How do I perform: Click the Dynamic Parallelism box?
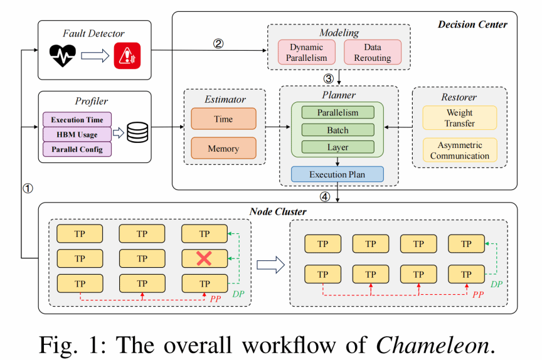pos(307,53)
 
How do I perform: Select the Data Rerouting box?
pos(372,53)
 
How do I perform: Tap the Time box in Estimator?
pos(223,119)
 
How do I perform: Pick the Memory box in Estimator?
pos(223,148)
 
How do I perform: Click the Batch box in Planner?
pos(337,130)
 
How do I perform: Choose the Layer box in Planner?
pos(337,147)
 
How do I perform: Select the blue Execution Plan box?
pos(337,174)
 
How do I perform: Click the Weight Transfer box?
pos(460,118)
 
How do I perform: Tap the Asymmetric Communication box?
pos(460,150)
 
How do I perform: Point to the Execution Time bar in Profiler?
pos(77,119)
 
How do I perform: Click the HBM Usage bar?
pos(77,134)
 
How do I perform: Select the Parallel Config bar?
pos(77,149)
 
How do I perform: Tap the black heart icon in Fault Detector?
pos(63,56)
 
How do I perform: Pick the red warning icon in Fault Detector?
pos(127,56)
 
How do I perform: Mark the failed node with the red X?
pos(205,258)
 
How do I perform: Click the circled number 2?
pos(218,43)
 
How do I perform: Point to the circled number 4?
pos(324,196)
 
